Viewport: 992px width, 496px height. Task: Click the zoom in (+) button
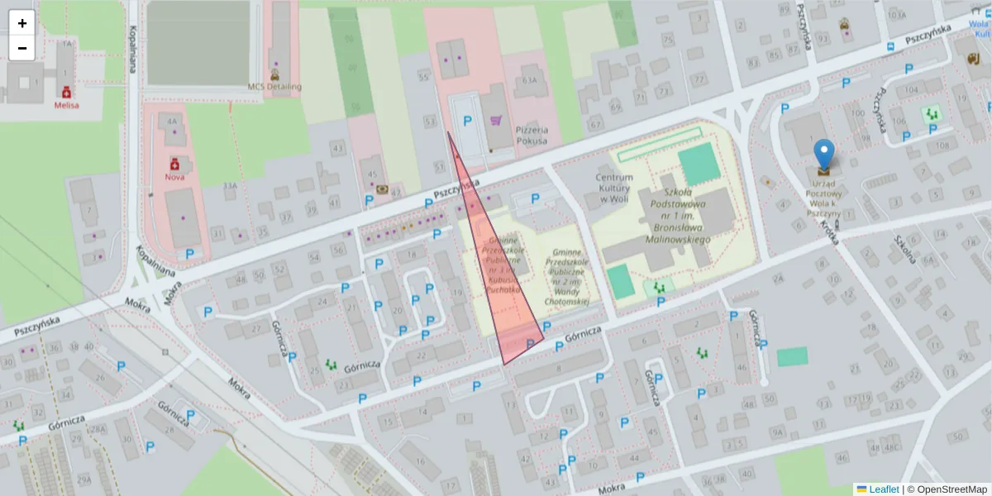click(x=22, y=23)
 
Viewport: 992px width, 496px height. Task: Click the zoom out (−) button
click(x=22, y=48)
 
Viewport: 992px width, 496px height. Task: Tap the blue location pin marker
click(x=823, y=155)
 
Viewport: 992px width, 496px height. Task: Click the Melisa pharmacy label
click(x=66, y=105)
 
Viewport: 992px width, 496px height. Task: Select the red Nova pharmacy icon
click(x=174, y=164)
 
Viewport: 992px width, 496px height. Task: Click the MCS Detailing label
click(x=274, y=87)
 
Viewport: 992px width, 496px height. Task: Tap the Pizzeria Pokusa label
click(x=532, y=136)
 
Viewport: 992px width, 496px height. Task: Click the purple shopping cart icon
click(x=496, y=121)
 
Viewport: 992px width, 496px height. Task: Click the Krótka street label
click(x=830, y=232)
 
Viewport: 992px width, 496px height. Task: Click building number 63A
click(x=530, y=80)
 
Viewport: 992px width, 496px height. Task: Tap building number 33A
click(x=230, y=186)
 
